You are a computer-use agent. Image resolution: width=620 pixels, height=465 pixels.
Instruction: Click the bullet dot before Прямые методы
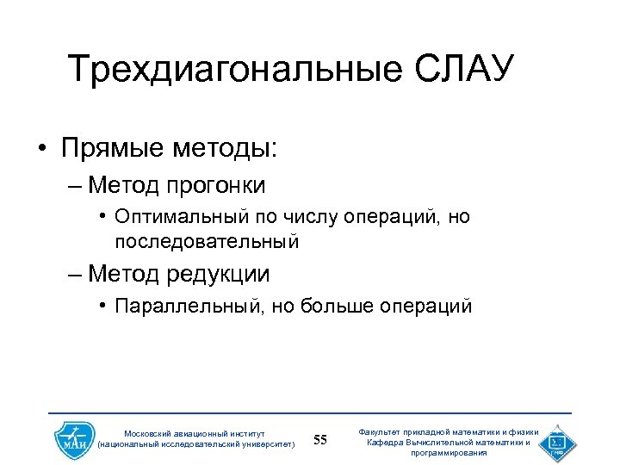click(x=41, y=149)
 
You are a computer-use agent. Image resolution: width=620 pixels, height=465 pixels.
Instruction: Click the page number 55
click(x=320, y=441)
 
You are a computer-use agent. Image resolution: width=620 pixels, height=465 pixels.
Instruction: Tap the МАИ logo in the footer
click(x=72, y=441)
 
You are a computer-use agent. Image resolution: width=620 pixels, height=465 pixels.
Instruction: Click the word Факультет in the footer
click(x=384, y=431)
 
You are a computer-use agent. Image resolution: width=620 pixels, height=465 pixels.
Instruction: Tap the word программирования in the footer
click(x=449, y=452)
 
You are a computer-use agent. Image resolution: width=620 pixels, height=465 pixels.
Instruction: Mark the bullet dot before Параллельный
click(x=102, y=306)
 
